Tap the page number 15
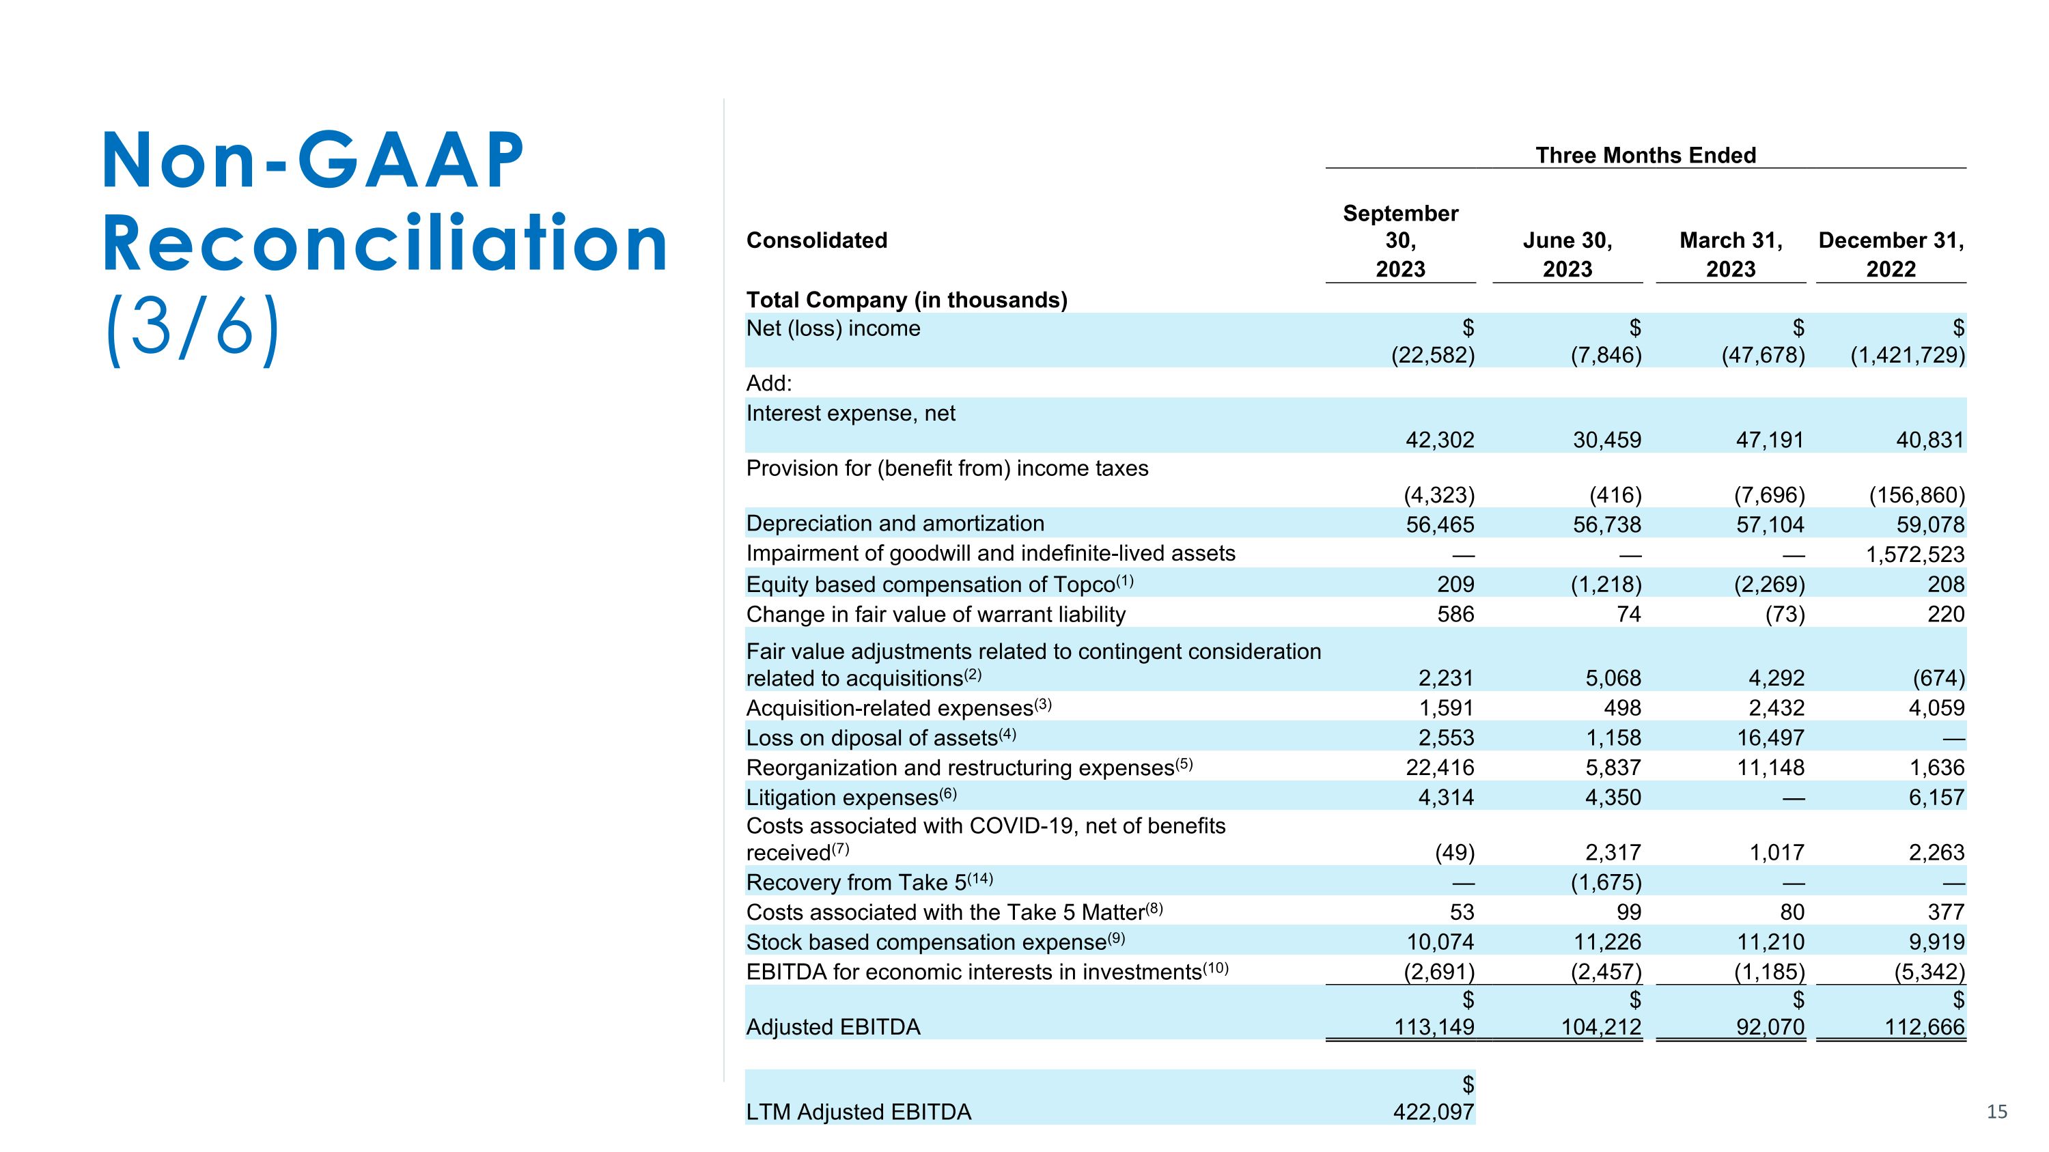(1996, 1112)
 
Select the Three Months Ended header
(1645, 155)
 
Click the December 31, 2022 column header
(1891, 255)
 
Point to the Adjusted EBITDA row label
(833, 1027)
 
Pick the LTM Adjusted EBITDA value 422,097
(1434, 1112)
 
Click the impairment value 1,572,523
(1914, 554)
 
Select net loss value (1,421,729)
(1907, 354)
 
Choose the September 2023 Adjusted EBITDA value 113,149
(1434, 1027)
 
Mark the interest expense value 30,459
(1606, 440)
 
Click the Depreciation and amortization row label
(895, 523)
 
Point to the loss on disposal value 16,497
(1770, 737)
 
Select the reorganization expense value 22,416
(1440, 768)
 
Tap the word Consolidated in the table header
(816, 240)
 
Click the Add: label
(768, 383)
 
